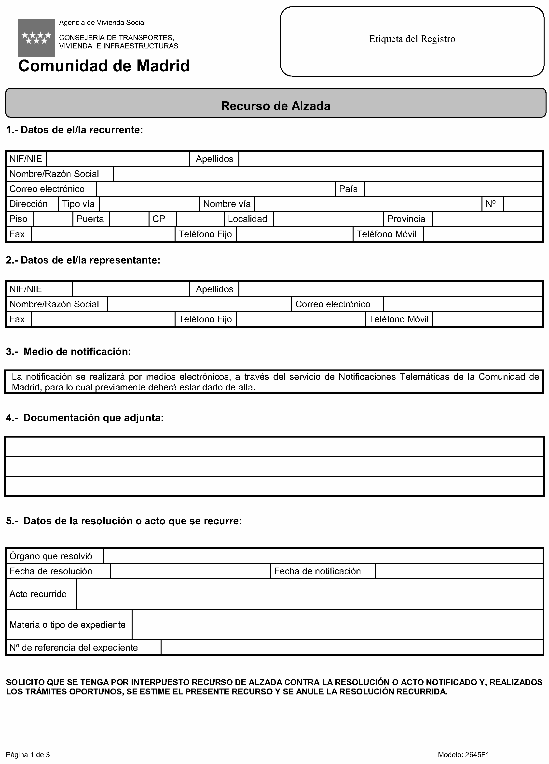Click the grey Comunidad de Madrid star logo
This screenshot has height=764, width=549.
(x=36, y=37)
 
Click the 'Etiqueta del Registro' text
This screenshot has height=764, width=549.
(x=412, y=39)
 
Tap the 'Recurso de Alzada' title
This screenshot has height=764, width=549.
(x=275, y=106)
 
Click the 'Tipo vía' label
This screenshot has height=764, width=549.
(x=78, y=204)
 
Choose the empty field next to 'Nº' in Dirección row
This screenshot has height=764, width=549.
(x=522, y=204)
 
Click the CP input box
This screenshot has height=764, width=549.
(x=200, y=219)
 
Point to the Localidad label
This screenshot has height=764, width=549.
(x=247, y=219)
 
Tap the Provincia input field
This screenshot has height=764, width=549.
(x=487, y=219)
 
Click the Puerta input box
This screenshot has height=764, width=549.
(x=129, y=219)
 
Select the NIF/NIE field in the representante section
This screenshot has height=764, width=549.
(x=131, y=289)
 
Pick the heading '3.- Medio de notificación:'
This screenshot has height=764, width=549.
(x=69, y=352)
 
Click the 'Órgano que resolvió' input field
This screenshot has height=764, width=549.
(x=323, y=556)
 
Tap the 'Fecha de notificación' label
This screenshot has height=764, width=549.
(x=317, y=571)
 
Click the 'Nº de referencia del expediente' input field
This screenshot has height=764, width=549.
(x=352, y=647)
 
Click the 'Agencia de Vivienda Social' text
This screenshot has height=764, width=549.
(x=102, y=23)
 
